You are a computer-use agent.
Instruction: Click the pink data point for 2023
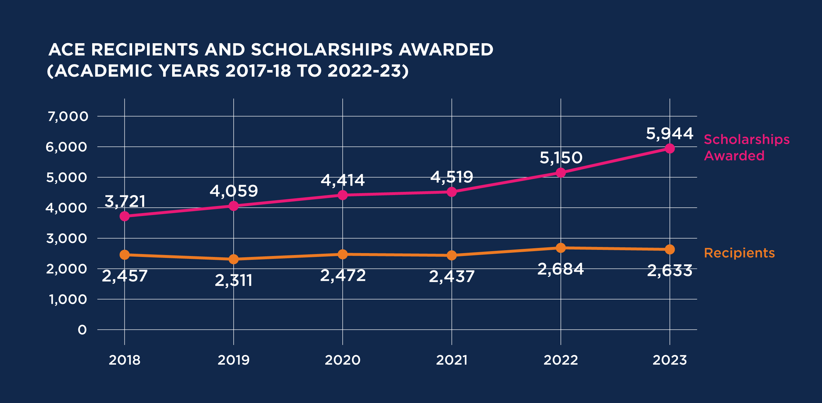670,149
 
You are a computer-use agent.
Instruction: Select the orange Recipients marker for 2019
234,259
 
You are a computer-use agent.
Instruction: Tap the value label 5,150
561,158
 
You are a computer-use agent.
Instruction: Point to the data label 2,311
234,280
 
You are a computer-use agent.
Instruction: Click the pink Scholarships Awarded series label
746,148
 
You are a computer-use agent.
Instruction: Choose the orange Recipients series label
739,253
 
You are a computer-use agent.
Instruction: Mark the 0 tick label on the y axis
82,330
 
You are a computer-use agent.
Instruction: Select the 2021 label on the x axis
452,360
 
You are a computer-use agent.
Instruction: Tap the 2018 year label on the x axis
124,360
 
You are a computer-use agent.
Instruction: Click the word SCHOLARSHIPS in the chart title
322,50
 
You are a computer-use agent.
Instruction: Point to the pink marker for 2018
125,216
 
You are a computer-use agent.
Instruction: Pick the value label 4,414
343,180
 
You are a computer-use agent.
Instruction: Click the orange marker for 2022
561,248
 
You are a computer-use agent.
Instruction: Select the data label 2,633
670,271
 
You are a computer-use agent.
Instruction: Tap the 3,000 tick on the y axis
67,239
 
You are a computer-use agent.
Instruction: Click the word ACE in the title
67,50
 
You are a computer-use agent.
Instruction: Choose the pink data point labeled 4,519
452,192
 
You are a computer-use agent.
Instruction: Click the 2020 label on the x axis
342,360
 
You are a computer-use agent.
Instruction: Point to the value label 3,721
125,201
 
